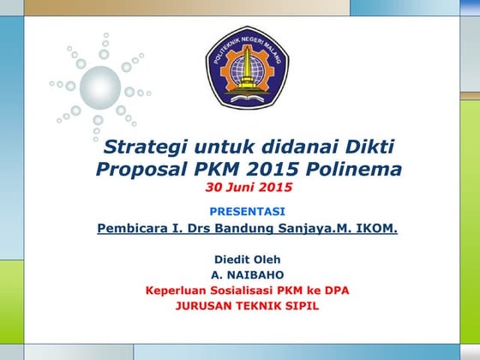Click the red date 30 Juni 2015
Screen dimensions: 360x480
tap(249, 187)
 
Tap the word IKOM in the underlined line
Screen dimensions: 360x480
tap(375, 229)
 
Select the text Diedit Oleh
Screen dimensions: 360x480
tap(247, 259)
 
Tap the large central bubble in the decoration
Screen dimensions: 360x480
tap(99, 86)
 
